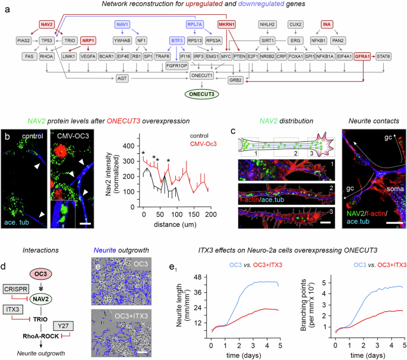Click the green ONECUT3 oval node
click(204, 94)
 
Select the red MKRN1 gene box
click(228, 25)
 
